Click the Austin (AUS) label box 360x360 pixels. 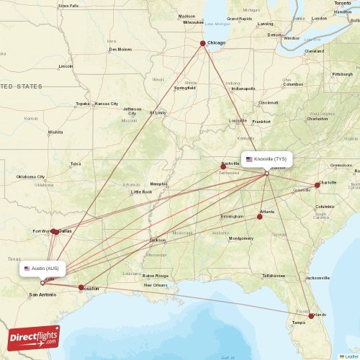(x=45, y=269)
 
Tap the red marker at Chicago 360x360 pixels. (x=202, y=43)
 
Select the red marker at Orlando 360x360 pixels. (x=311, y=315)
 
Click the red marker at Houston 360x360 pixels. (x=81, y=287)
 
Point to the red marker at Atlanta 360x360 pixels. (x=260, y=216)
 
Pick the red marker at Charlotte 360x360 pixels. (x=317, y=185)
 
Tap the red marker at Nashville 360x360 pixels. (x=223, y=166)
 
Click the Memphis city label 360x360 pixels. (x=158, y=184)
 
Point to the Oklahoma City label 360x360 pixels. (x=31, y=176)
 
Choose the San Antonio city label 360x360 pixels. (x=42, y=294)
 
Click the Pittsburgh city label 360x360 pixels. (x=341, y=74)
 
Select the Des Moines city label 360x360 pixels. (x=120, y=49)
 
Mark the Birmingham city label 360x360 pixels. (x=232, y=216)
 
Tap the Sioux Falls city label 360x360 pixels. (x=68, y=5)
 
